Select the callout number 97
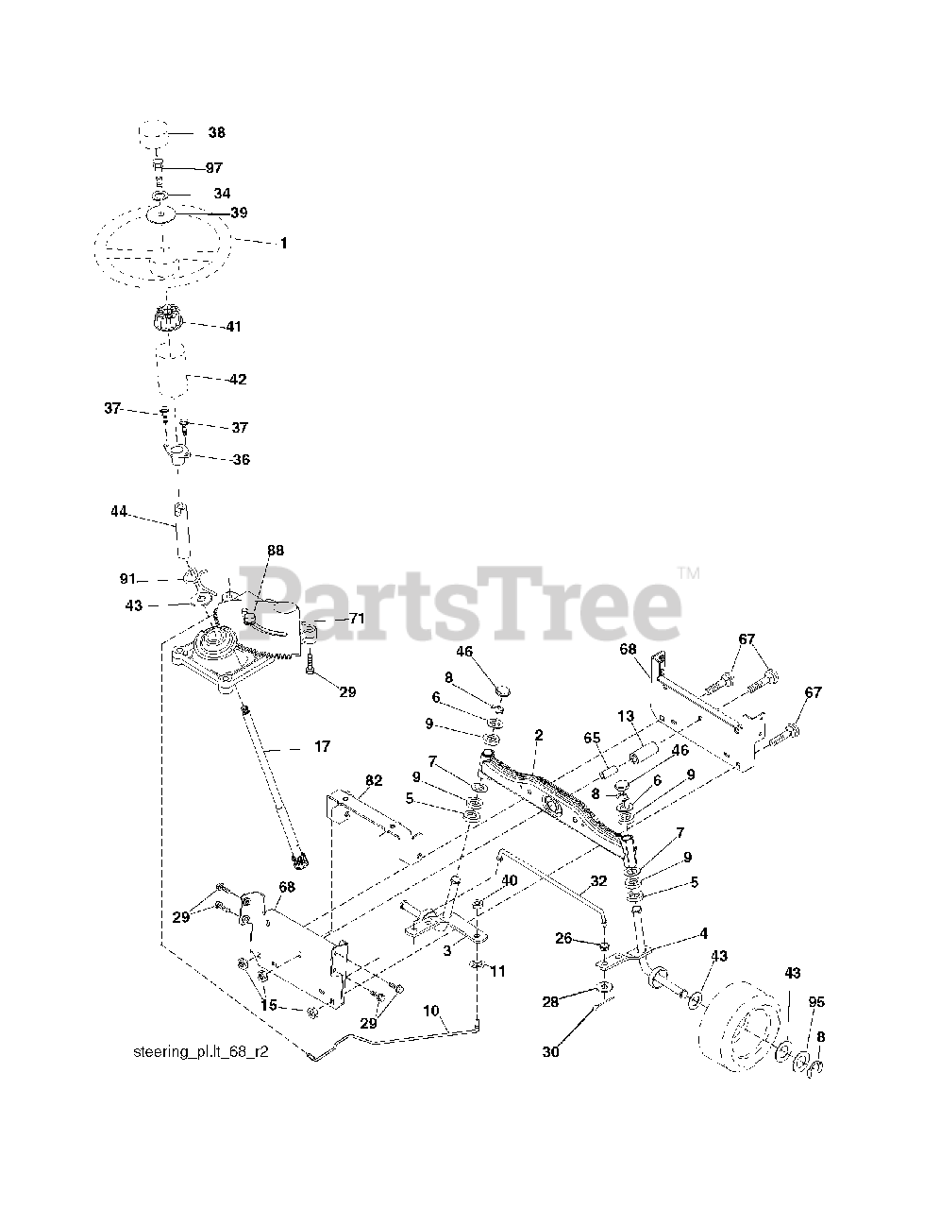(x=213, y=167)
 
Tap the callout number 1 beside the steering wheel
(x=283, y=243)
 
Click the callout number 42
(x=236, y=380)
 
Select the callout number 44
(x=118, y=511)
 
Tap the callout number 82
(x=374, y=779)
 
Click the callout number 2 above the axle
(x=539, y=734)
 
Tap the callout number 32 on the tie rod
(x=597, y=881)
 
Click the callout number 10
(x=430, y=1010)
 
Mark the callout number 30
(x=550, y=1051)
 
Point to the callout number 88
(x=275, y=550)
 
